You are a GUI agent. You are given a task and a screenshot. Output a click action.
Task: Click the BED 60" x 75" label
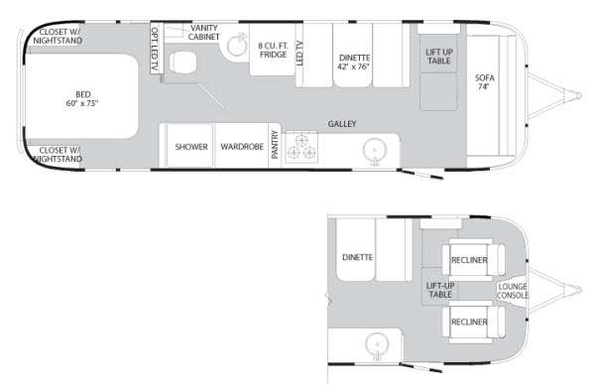click(82, 98)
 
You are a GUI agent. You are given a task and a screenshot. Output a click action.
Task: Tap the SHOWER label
click(191, 147)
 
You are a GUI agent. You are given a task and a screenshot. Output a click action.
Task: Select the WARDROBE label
click(242, 147)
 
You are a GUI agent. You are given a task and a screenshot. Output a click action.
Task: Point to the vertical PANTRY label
click(275, 145)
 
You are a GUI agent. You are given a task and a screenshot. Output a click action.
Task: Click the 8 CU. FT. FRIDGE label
click(273, 50)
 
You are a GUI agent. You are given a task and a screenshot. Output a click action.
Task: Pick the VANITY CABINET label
click(203, 33)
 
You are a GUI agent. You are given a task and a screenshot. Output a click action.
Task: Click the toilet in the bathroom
click(182, 63)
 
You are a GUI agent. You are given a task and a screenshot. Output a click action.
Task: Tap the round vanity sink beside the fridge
click(238, 46)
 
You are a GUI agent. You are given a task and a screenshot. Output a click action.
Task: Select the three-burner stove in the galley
click(301, 147)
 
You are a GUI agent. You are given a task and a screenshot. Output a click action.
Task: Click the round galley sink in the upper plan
click(375, 150)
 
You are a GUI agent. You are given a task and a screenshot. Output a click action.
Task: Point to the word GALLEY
click(342, 124)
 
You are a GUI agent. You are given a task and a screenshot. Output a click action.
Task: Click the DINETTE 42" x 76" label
click(354, 62)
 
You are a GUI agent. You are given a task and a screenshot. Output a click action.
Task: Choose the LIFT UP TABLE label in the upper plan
click(439, 57)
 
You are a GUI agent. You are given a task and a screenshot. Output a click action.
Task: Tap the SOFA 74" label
click(485, 82)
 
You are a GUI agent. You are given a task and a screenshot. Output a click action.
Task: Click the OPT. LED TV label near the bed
click(155, 49)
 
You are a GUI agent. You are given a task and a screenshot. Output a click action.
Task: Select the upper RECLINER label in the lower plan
click(469, 260)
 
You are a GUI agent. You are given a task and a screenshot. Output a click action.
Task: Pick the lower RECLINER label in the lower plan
click(469, 322)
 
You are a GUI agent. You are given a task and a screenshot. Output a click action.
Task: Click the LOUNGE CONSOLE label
click(513, 291)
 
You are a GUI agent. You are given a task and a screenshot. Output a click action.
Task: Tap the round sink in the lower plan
click(377, 345)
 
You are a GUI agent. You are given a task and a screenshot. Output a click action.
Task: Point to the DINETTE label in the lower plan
click(357, 257)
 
